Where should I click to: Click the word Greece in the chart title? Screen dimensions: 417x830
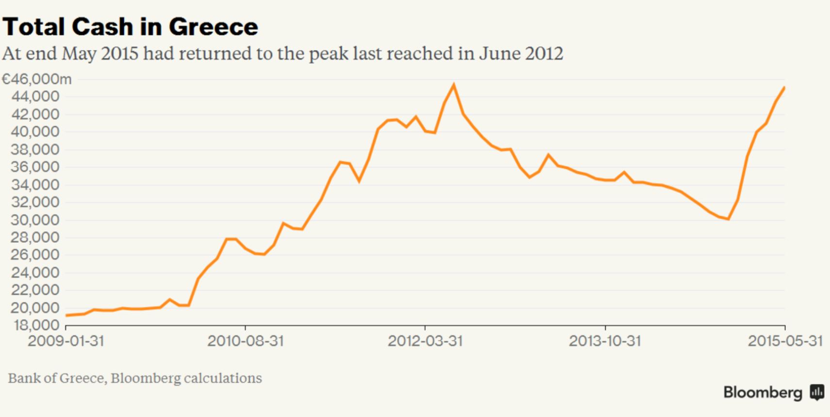[x=213, y=27]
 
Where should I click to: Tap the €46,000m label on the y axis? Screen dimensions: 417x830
[x=37, y=79]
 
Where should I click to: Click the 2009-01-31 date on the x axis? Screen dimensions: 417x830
[x=66, y=341]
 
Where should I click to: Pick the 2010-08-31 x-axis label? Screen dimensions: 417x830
[x=245, y=341]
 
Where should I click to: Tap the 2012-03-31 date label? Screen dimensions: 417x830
[x=425, y=341]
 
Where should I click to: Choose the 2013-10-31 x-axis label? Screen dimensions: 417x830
[x=605, y=341]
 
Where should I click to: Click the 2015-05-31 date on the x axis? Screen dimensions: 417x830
[x=785, y=341]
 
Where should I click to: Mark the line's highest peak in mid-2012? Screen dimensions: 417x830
[x=454, y=85]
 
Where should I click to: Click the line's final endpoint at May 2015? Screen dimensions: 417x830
[x=785, y=87]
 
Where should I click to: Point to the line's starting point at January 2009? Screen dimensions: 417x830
[x=66, y=316]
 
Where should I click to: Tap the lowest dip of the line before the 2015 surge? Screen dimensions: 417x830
[x=728, y=219]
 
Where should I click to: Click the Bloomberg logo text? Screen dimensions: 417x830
[x=763, y=392]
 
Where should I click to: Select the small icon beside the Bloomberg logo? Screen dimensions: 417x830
[x=817, y=392]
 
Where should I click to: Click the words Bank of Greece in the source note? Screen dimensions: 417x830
[x=56, y=378]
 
